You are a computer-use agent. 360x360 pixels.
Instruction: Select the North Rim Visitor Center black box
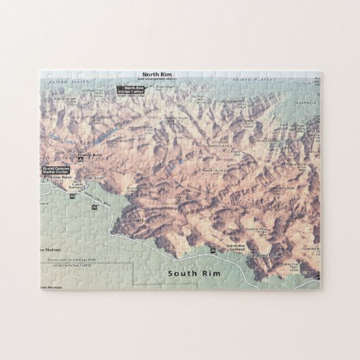pos(130,88)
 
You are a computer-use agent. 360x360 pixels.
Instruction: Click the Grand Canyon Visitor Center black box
pos(56,170)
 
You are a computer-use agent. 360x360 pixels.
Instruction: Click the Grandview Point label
pos(263,255)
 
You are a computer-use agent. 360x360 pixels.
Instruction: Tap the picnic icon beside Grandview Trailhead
pos(214,250)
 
